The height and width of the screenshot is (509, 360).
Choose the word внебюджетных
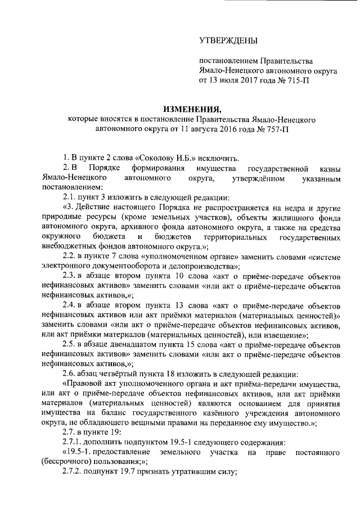tap(70, 246)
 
